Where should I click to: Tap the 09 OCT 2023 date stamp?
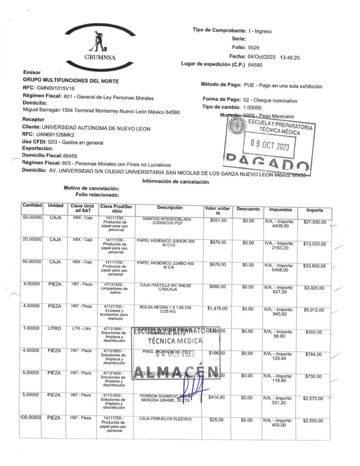click(x=270, y=147)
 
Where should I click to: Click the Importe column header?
click(x=314, y=210)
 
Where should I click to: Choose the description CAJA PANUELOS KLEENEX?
click(x=166, y=418)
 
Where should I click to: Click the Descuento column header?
click(x=248, y=209)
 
